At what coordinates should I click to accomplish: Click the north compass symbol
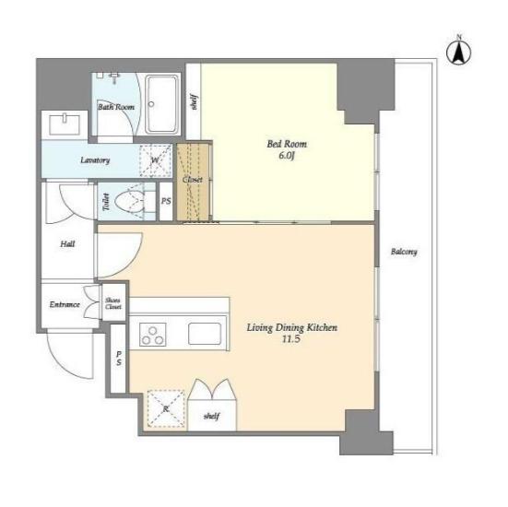[x=459, y=52]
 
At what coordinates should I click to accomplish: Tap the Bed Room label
[x=287, y=144]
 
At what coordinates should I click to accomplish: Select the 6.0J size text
[x=287, y=156]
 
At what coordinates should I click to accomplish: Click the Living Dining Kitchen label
[x=292, y=327]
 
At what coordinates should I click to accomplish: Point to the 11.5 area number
[x=291, y=339]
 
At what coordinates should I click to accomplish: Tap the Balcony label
[x=404, y=252]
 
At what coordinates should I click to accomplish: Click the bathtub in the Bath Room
[x=162, y=104]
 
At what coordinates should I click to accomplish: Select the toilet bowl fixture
[x=130, y=202]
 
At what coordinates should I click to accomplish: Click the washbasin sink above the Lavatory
[x=65, y=125]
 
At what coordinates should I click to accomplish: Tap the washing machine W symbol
[x=155, y=160]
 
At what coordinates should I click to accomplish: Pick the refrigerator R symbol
[x=166, y=408]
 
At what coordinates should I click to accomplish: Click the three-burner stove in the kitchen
[x=153, y=335]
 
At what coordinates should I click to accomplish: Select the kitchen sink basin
[x=205, y=334]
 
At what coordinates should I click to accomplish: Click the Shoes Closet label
[x=113, y=303]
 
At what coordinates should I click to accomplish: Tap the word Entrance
[x=65, y=304]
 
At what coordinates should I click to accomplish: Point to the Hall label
[x=67, y=244]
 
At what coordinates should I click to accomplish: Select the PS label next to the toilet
[x=166, y=201]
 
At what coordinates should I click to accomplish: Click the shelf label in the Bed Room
[x=194, y=102]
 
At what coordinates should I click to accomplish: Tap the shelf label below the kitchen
[x=211, y=416]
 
